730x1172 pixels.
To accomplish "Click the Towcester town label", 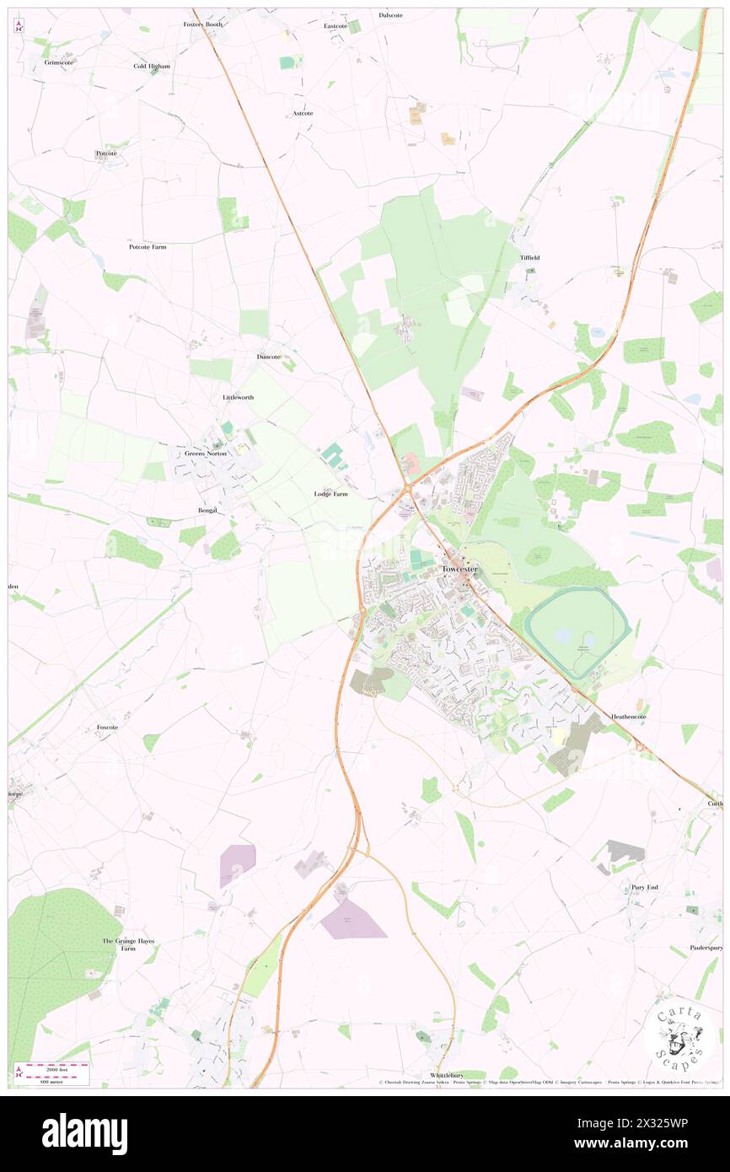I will click(459, 569).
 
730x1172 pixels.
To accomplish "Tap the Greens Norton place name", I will click(206, 454).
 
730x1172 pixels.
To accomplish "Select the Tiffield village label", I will click(529, 257).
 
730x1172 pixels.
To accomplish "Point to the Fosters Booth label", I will click(202, 24).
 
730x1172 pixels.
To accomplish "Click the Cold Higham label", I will click(152, 66).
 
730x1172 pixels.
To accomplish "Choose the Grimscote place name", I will click(61, 62).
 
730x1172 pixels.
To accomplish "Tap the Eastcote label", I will click(335, 26).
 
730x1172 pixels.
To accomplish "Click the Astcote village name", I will click(303, 113).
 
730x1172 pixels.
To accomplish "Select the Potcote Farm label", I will click(148, 247).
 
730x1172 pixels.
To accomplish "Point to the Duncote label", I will click(268, 357).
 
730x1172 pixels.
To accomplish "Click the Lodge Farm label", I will click(330, 494).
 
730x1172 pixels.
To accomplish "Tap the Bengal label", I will click(207, 510).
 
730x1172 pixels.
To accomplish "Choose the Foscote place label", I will click(107, 727).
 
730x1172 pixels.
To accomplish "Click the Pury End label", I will click(644, 887).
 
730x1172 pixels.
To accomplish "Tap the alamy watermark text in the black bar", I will click(84, 1133).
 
